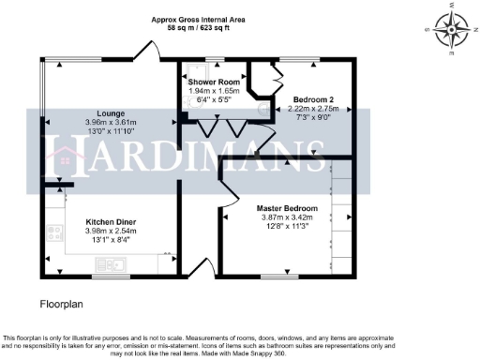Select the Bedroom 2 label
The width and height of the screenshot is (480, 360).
313,99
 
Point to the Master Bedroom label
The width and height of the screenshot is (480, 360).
287,208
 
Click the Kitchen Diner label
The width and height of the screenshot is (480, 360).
111,222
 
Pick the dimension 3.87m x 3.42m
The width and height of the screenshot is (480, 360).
287,218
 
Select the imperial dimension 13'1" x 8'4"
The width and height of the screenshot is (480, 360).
111,241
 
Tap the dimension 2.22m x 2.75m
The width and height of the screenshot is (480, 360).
313,109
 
